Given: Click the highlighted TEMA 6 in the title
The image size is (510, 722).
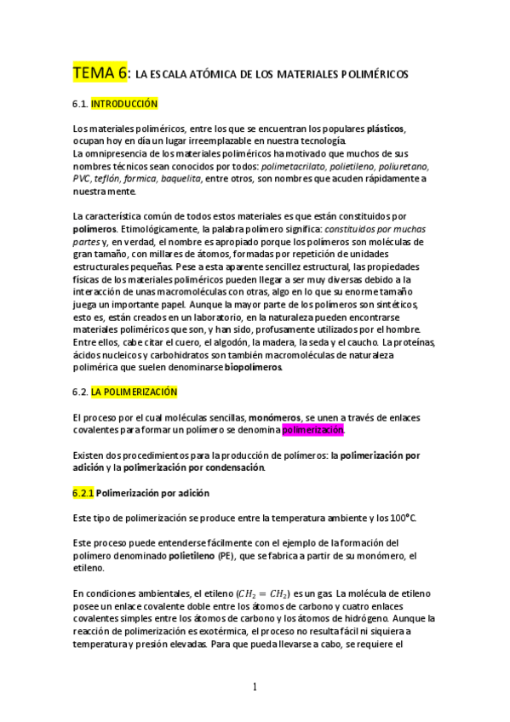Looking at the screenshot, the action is click(x=100, y=73).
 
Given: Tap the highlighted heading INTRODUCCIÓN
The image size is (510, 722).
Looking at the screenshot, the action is click(x=124, y=103).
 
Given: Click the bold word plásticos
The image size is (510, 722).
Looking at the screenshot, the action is click(x=386, y=129).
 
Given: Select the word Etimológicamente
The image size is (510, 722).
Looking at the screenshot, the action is click(x=160, y=229).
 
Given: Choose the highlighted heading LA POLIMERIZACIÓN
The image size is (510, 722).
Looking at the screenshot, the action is click(x=134, y=392).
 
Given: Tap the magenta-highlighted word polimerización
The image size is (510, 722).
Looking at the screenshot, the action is click(x=313, y=431).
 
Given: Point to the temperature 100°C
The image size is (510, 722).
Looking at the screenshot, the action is click(x=404, y=518).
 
